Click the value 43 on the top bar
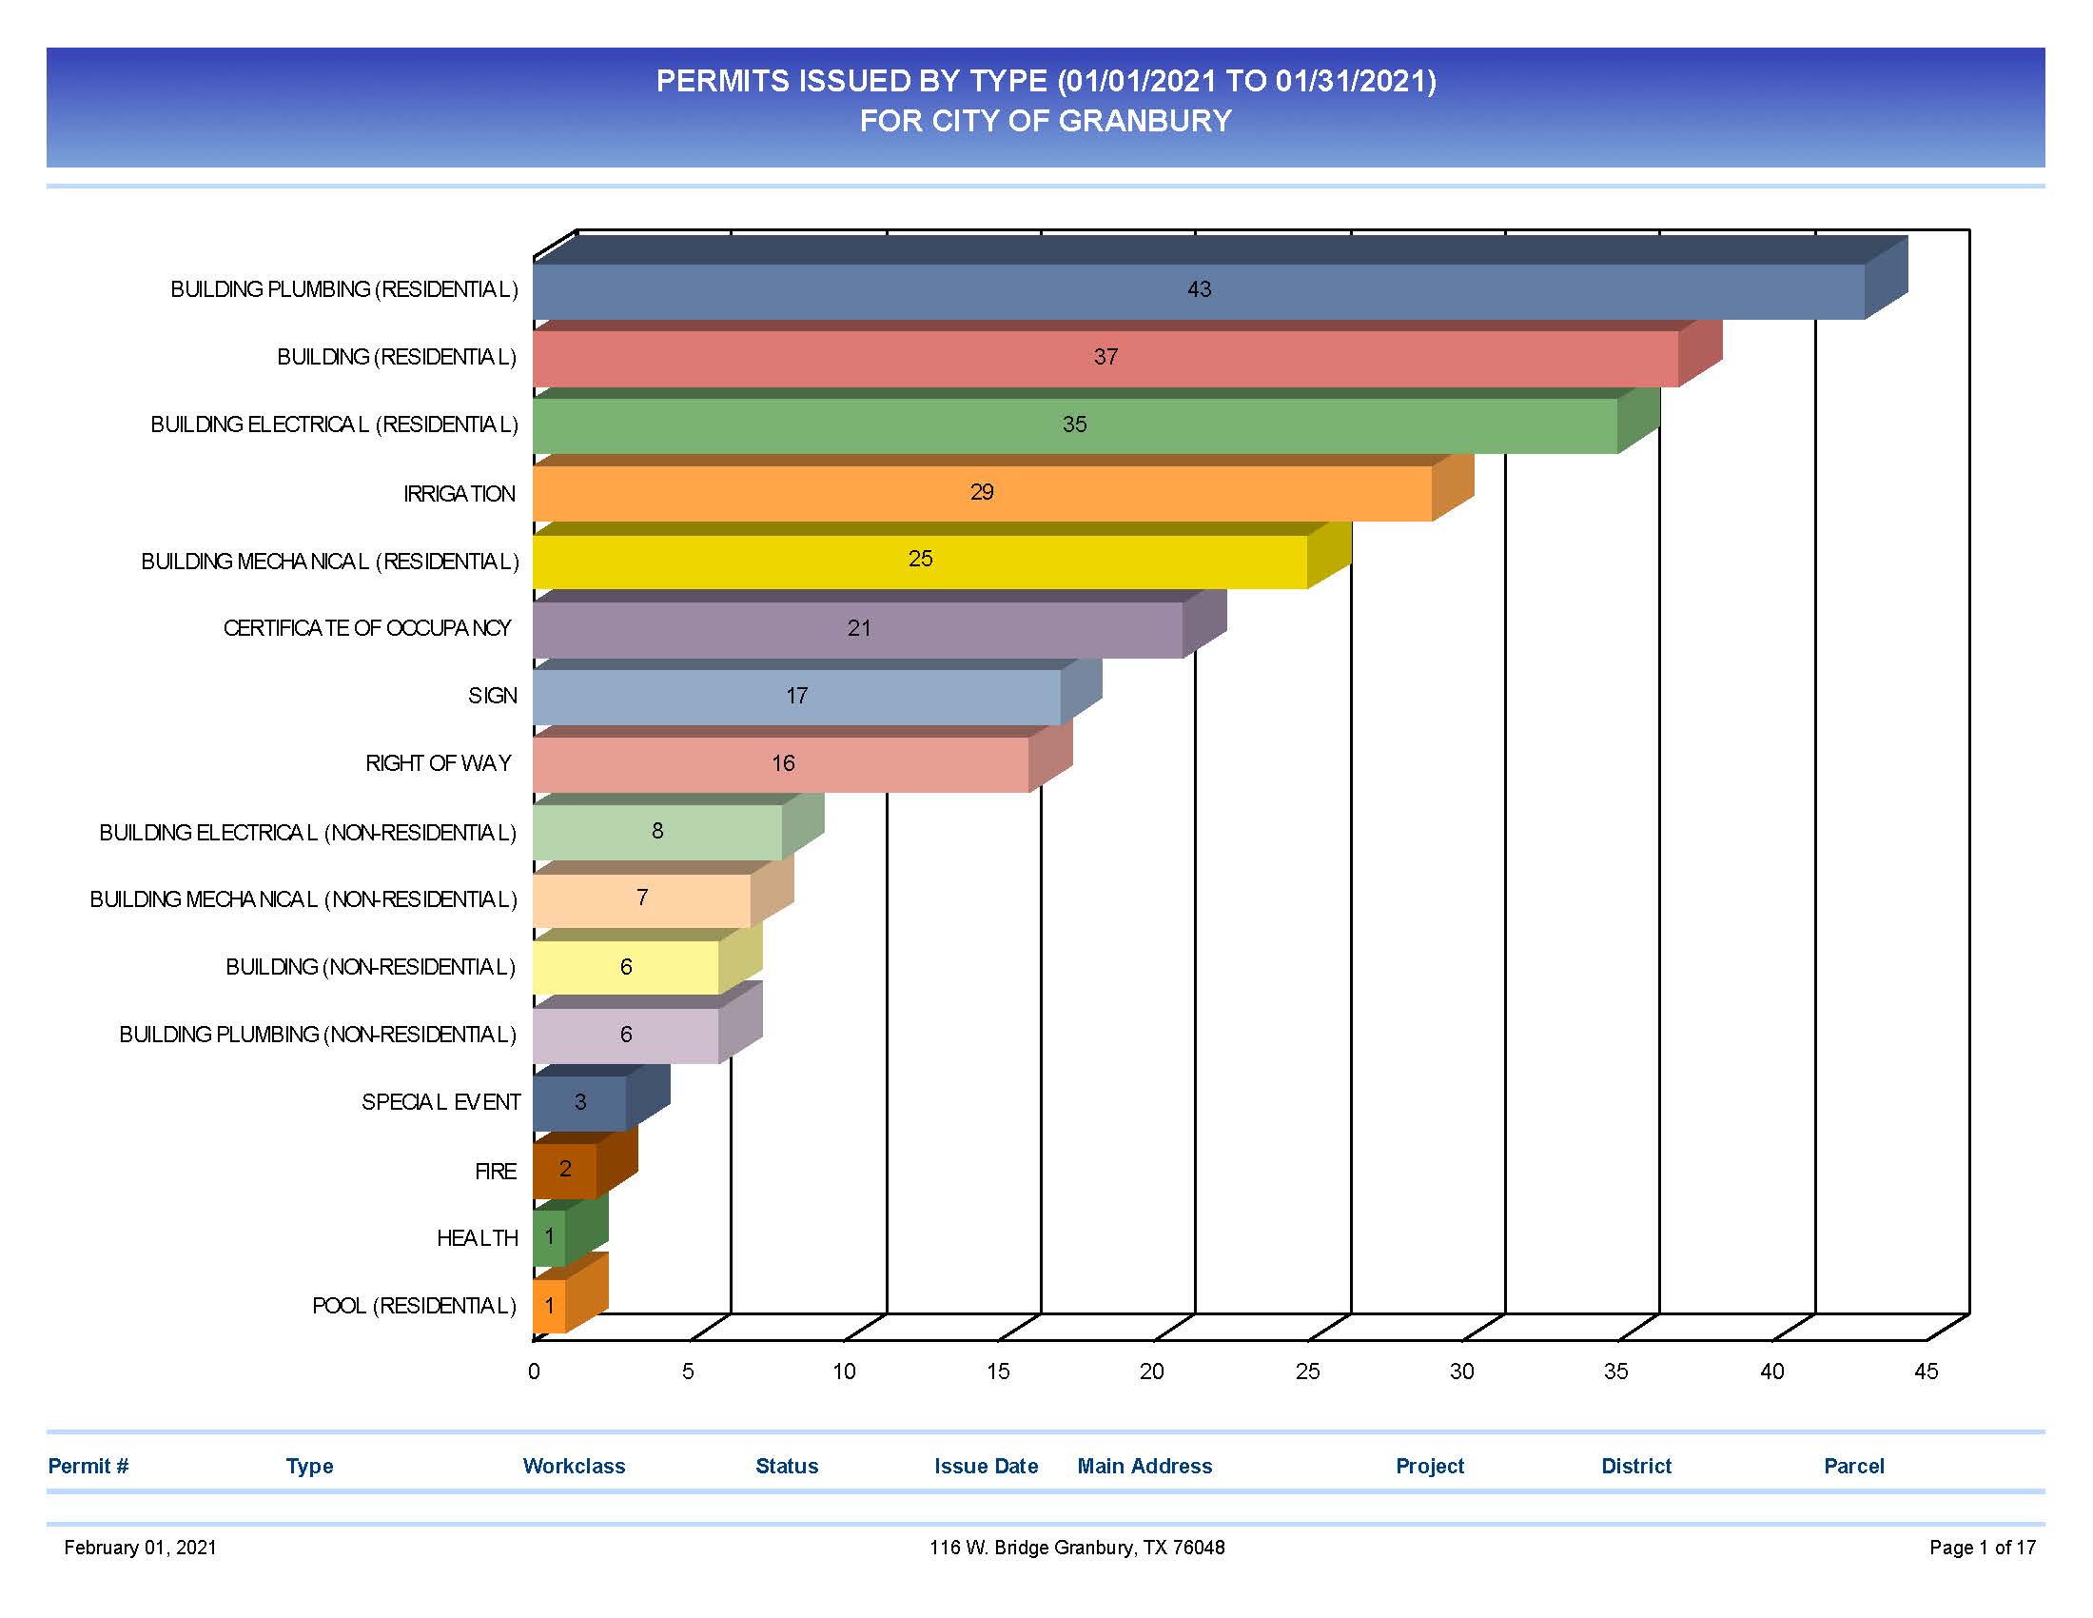(x=1199, y=289)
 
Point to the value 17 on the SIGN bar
(x=796, y=696)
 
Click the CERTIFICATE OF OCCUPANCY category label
(x=367, y=629)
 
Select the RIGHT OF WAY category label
(x=438, y=764)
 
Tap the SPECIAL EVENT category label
(x=440, y=1102)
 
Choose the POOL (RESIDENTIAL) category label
(x=414, y=1306)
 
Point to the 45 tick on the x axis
(x=1926, y=1371)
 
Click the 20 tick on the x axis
(x=1152, y=1371)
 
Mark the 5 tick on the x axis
(x=688, y=1371)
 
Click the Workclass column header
(x=573, y=1466)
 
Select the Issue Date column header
(x=986, y=1466)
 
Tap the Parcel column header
(x=1852, y=1466)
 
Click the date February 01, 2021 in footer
(x=140, y=1547)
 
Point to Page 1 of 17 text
(x=1982, y=1547)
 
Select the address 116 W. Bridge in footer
(x=989, y=1547)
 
